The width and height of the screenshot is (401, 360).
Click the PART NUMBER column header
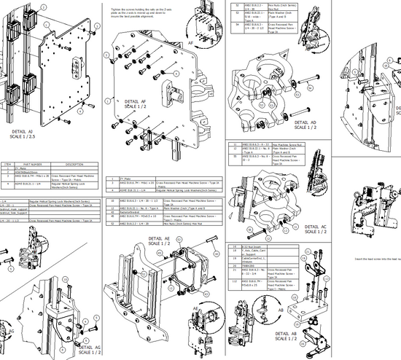36,164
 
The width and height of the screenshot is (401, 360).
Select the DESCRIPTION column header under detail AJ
75,164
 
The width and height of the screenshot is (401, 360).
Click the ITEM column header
7,164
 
